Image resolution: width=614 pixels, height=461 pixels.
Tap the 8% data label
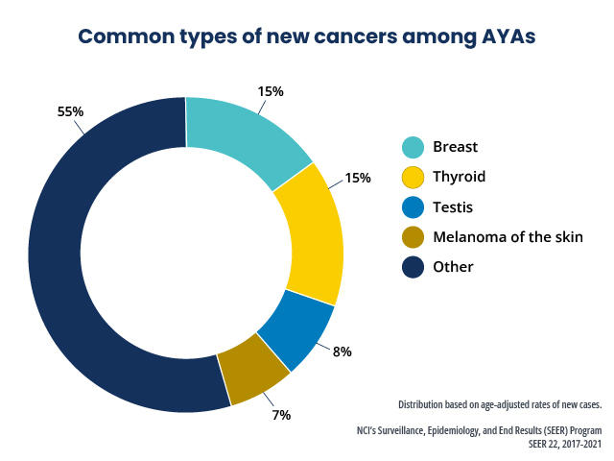(341, 352)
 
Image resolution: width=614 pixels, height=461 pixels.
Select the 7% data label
(280, 415)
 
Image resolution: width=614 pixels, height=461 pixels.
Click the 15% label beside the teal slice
(270, 91)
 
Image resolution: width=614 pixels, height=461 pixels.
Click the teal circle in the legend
(413, 147)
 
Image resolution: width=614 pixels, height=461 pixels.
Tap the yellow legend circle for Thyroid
(413, 177)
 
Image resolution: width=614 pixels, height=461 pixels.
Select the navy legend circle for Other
(413, 266)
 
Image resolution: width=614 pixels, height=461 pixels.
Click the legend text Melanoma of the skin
(508, 236)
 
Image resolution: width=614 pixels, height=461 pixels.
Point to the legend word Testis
(453, 206)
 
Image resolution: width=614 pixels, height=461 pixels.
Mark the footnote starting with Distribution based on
(500, 404)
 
